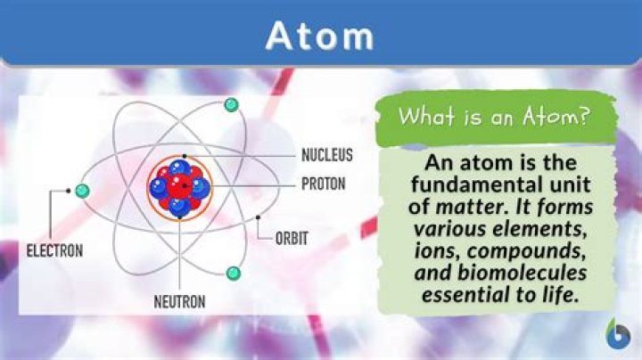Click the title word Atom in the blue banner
320,36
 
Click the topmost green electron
232,105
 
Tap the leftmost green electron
83,190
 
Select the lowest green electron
234,272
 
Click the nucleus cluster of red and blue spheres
179,187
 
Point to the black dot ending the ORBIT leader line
258,217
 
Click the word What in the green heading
422,116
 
